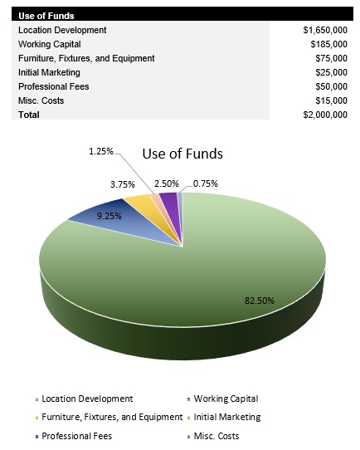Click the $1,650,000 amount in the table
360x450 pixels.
(x=325, y=30)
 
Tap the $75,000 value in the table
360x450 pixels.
(x=330, y=58)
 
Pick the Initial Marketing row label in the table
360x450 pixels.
(x=47, y=72)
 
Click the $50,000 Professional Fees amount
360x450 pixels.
(x=330, y=86)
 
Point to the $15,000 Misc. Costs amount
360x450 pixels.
(x=330, y=100)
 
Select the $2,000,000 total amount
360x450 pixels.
(x=325, y=115)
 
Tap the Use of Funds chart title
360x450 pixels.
(x=182, y=154)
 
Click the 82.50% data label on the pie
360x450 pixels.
(x=258, y=300)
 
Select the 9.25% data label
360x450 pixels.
(x=109, y=215)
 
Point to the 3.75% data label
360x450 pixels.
(x=124, y=185)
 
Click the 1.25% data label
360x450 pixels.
(x=102, y=152)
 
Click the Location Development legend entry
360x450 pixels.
(x=87, y=399)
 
